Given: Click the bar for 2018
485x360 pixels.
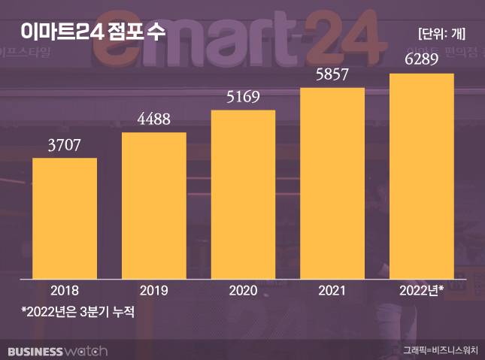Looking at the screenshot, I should coord(65,217).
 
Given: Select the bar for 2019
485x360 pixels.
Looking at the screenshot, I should coord(153,204).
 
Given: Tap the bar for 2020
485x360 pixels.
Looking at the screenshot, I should coord(243,193).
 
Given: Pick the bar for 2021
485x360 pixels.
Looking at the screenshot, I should coord(332,182).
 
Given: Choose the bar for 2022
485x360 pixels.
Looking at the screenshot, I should coord(421,175).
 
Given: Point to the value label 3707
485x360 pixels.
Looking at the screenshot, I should coord(65,144).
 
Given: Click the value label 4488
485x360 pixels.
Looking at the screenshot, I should coord(153,119).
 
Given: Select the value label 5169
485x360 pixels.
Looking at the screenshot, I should coord(243,97).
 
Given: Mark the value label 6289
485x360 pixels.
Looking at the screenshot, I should coord(421,60).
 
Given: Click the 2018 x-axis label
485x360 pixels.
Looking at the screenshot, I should coord(65,290).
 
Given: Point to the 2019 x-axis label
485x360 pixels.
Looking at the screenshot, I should coord(153,290).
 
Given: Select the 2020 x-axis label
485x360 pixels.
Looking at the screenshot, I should coord(243,290).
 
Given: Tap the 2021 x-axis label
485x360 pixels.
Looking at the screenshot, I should coord(332,290).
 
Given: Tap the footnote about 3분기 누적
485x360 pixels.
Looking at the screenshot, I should coord(77,310).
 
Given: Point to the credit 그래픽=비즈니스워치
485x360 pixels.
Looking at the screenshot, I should coord(440,350).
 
